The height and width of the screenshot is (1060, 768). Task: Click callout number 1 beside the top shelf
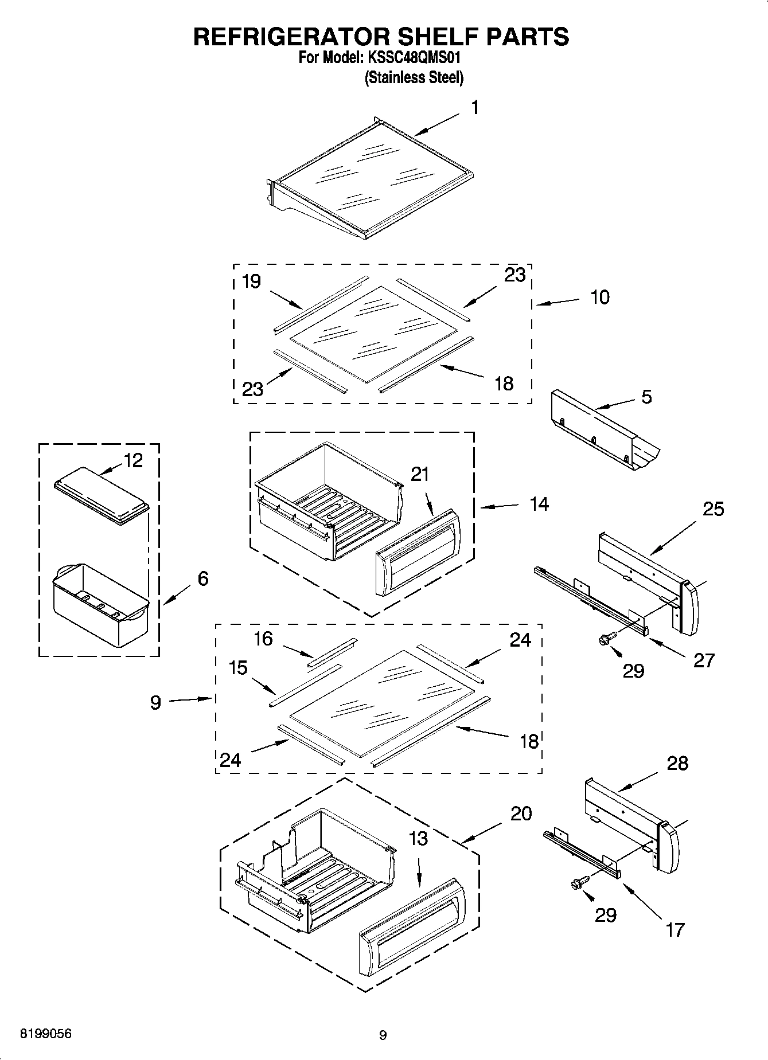[475, 108]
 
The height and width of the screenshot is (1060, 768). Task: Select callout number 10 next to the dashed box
[599, 298]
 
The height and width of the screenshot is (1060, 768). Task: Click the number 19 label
[251, 281]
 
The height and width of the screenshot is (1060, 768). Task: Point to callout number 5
[646, 397]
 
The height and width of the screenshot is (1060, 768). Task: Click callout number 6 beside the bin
[202, 578]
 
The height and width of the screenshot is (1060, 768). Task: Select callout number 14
[539, 504]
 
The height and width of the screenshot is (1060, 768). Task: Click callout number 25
[713, 509]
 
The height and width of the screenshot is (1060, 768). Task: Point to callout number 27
[704, 660]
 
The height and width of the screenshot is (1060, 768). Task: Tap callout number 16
[263, 639]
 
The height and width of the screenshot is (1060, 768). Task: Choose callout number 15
[238, 668]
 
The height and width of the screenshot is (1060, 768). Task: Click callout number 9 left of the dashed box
[156, 703]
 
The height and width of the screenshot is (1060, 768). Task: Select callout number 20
[521, 813]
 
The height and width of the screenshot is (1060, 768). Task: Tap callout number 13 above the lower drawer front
[419, 838]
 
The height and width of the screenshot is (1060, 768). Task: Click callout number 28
[677, 763]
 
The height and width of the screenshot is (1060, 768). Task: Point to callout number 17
[675, 929]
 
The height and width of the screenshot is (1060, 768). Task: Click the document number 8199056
[46, 1034]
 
